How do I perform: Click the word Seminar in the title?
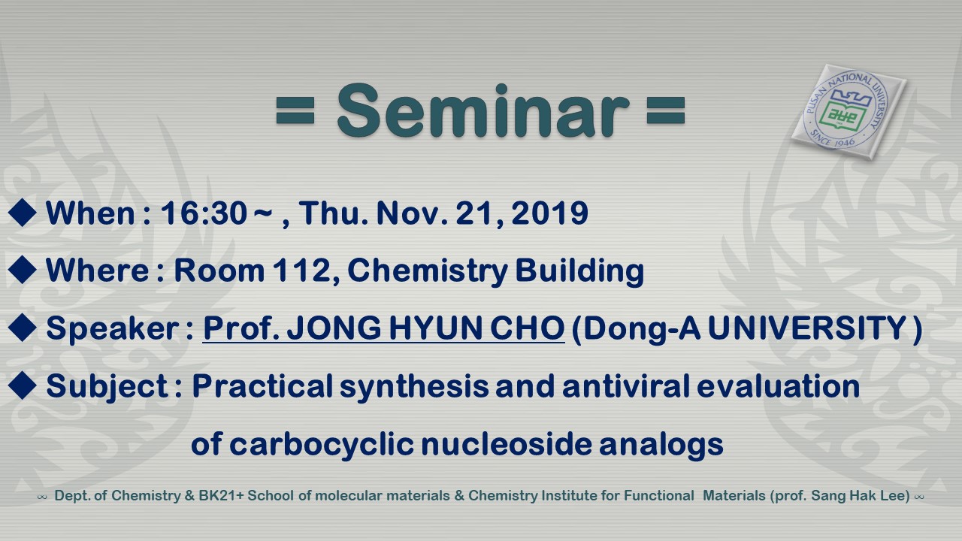click(x=483, y=110)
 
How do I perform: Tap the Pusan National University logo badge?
click(x=849, y=112)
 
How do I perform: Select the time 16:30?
click(x=204, y=213)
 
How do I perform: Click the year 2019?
click(x=549, y=213)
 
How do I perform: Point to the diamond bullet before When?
click(x=23, y=212)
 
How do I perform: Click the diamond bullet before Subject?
click(x=23, y=385)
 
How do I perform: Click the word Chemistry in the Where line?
click(x=428, y=271)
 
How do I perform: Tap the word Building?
click(x=579, y=271)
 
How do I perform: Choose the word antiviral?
click(x=626, y=385)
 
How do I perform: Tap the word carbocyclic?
click(x=322, y=444)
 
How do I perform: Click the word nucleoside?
click(x=507, y=444)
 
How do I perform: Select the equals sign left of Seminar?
click(x=295, y=110)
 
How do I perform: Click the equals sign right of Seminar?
click(x=665, y=110)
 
